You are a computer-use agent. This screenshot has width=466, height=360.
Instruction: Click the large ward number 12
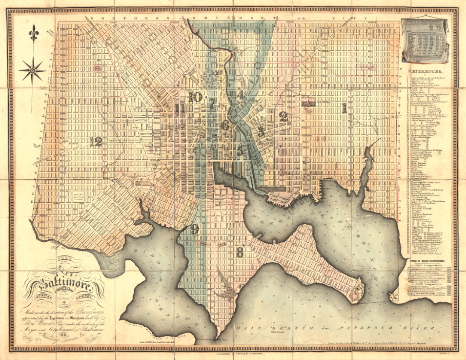pos(96,142)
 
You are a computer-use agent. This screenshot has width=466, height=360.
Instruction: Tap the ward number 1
pos(344,108)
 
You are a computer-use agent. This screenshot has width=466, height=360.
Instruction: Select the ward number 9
pos(195,229)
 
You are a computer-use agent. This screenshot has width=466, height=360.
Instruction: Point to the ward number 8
pos(240,252)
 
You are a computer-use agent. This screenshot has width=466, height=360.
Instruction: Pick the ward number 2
pos(284,116)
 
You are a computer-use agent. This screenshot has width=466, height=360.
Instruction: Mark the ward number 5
pos(240,150)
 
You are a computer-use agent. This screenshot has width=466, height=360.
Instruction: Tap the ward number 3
pos(261,131)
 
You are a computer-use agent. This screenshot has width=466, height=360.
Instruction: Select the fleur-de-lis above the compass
pos(33,34)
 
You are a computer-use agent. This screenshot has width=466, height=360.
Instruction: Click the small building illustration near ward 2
pos(307,103)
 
